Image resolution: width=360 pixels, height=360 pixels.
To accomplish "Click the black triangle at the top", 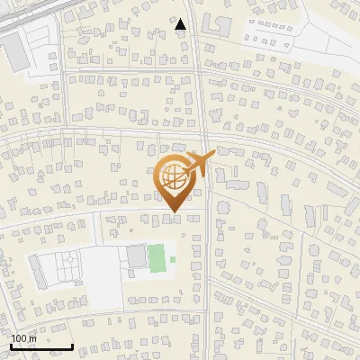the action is tap(180, 25).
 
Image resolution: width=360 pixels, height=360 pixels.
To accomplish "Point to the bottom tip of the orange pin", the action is tap(174, 211).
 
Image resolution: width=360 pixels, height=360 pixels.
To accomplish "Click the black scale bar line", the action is tap(41, 346).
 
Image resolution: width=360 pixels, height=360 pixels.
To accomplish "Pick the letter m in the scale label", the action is tap(32, 338).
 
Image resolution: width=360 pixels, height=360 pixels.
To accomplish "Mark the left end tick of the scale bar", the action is tap(11, 345).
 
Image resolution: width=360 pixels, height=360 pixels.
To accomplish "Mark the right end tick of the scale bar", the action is tap(72, 345).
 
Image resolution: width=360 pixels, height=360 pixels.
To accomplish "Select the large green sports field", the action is tap(157, 257).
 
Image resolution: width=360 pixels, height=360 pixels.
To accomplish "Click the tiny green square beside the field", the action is tap(172, 261).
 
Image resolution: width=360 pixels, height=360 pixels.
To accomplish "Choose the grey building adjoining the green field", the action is tap(136, 257).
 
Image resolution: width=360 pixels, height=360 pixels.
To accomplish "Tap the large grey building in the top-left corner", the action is tap(19, 53).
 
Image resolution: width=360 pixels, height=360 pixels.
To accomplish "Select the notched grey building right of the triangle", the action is tap(215, 24).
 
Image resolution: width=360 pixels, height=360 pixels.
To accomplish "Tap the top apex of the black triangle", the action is tap(180, 19).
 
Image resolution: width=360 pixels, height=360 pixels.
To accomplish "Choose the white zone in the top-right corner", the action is tap(324, 36).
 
